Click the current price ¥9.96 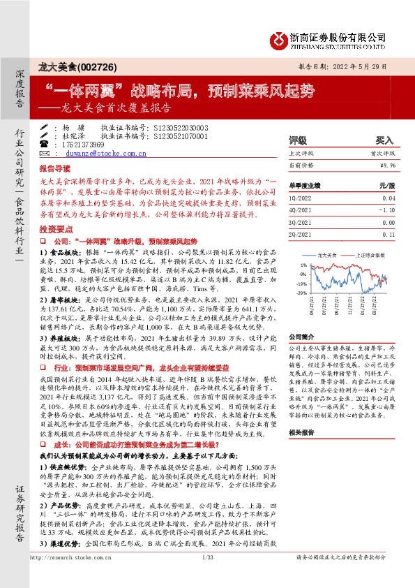pos(387,165)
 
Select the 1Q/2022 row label pos(301,198)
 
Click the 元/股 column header pos(386,186)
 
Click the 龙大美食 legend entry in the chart pos(327,255)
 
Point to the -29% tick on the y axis pos(301,293)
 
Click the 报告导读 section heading pos(54,169)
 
